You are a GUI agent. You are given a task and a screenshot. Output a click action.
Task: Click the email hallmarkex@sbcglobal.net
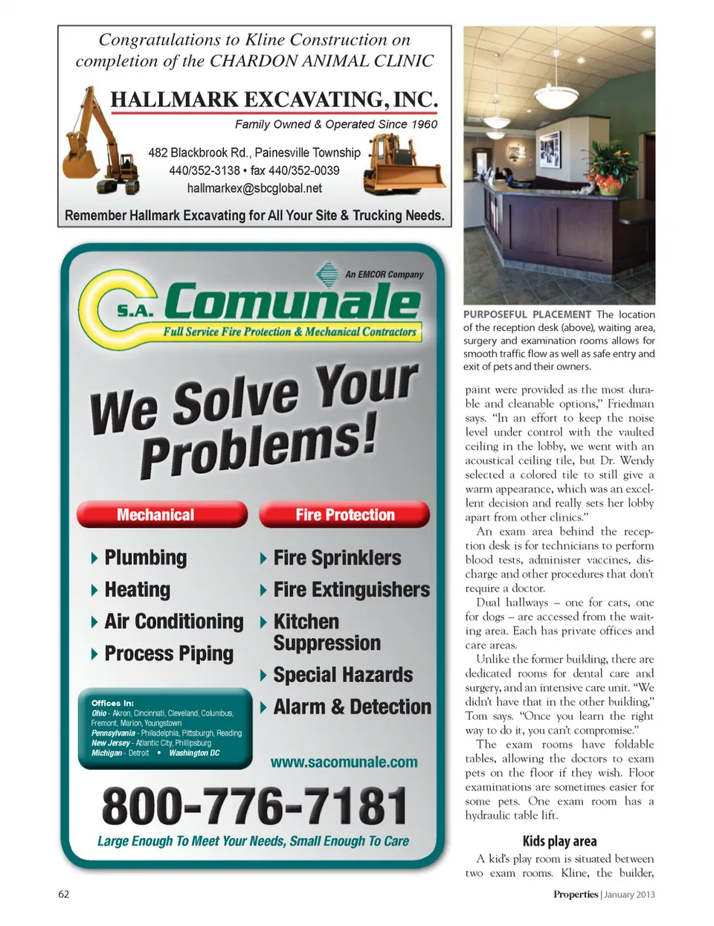[x=254, y=188]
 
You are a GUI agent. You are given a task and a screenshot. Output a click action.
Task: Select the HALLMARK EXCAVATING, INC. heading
[x=274, y=100]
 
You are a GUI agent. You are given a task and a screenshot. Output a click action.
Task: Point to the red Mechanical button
[x=161, y=515]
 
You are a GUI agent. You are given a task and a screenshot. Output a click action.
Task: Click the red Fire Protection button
[x=344, y=515]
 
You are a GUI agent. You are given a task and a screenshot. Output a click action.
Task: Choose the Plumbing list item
[x=146, y=558]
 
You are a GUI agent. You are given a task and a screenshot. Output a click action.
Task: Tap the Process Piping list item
[x=169, y=654]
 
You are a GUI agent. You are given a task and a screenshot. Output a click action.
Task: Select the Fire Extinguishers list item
[x=351, y=590]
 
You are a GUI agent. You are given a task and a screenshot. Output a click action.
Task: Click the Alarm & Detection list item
[x=352, y=707]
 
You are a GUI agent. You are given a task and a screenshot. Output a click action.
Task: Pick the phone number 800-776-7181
[x=254, y=806]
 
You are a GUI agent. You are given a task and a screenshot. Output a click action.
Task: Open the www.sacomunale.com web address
[x=344, y=762]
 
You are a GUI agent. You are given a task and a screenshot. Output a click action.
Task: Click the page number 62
[x=64, y=894]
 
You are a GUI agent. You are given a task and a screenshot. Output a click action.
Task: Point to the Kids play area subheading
[x=559, y=841]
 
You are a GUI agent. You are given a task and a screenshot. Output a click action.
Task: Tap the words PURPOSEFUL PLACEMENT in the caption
[x=527, y=315]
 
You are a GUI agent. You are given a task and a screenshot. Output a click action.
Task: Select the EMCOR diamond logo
[x=327, y=274]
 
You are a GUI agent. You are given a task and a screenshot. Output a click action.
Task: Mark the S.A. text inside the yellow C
[x=134, y=311]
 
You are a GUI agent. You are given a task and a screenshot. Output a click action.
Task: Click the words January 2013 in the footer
[x=629, y=895]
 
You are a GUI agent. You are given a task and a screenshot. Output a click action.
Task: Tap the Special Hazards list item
[x=343, y=675]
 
